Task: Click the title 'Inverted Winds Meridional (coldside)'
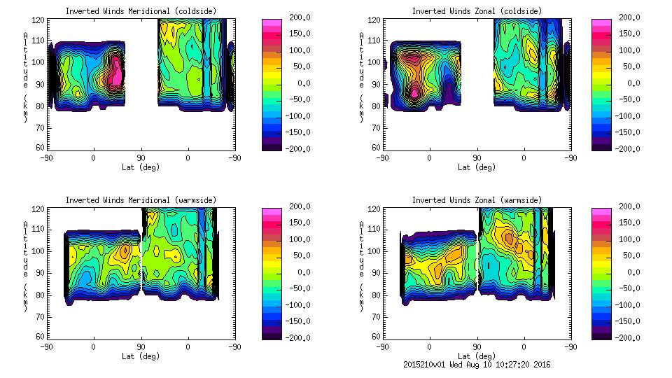tap(141, 11)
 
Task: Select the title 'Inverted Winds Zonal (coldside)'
tap(477, 11)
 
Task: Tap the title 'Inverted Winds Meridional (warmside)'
tap(141, 200)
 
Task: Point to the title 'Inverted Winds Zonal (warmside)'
tap(477, 200)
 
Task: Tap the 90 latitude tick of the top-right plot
tap(477, 157)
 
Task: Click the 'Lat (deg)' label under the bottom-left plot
tap(141, 356)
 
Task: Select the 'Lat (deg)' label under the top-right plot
tap(477, 167)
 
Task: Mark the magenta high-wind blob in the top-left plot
tap(116, 73)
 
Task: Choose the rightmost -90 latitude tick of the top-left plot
tap(234, 157)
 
